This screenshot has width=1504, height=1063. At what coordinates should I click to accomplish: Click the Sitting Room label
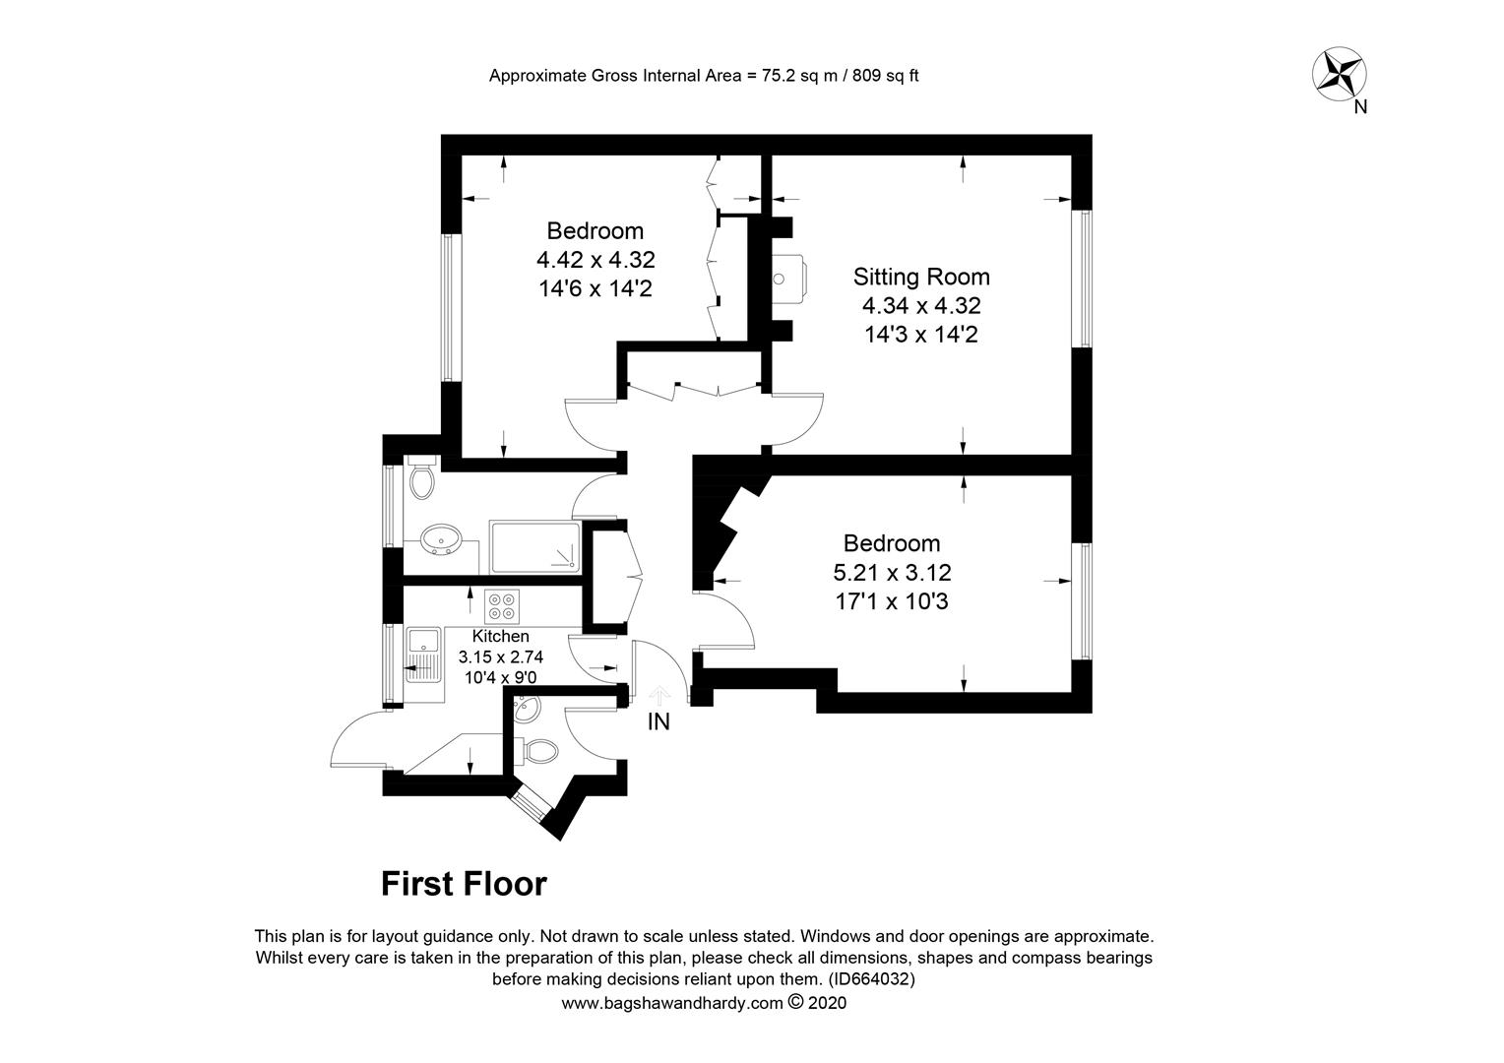click(921, 277)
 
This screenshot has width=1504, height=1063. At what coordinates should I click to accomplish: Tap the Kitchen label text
click(500, 636)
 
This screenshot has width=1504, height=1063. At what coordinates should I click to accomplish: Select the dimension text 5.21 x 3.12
click(892, 573)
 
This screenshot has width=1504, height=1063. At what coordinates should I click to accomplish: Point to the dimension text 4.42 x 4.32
click(595, 259)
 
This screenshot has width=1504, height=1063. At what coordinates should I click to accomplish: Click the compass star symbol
click(1339, 74)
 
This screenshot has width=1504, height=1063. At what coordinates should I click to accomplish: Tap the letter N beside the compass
click(1360, 107)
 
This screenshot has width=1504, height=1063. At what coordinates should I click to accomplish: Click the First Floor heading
click(464, 884)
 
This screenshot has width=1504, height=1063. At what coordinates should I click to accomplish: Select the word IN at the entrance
click(658, 721)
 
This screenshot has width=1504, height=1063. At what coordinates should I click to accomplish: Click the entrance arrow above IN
click(660, 695)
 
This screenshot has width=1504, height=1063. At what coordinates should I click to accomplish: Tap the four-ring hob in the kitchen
click(502, 606)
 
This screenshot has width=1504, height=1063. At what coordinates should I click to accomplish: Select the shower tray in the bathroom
click(535, 547)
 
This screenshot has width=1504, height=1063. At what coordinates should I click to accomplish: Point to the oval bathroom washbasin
click(440, 538)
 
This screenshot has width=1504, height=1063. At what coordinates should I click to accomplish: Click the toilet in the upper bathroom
click(421, 477)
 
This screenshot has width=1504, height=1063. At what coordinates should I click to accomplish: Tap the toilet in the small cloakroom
click(537, 751)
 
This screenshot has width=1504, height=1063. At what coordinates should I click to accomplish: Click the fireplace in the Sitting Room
click(788, 278)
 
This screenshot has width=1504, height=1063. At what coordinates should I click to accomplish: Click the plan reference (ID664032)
click(872, 979)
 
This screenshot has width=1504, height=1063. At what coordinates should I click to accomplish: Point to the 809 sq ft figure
click(886, 76)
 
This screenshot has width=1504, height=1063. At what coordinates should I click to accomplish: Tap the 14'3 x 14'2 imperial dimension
click(921, 335)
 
